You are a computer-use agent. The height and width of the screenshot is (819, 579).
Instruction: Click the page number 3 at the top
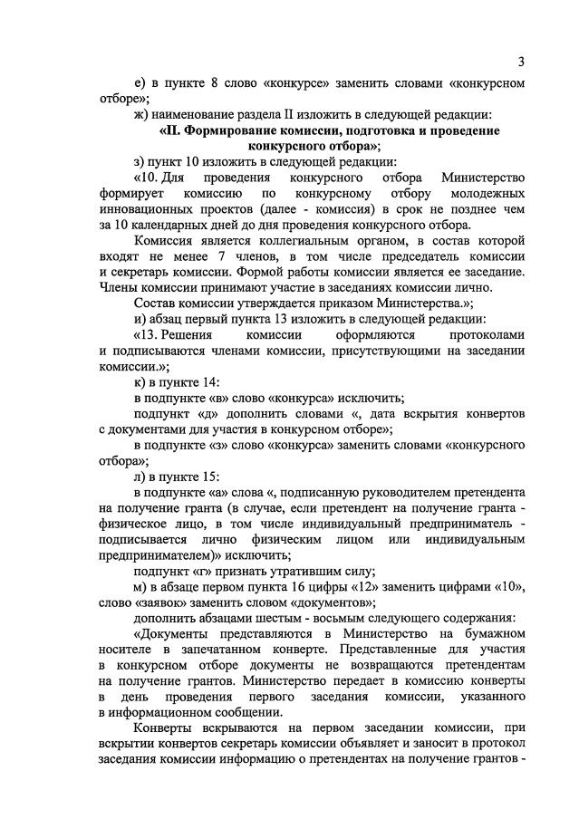[x=521, y=62]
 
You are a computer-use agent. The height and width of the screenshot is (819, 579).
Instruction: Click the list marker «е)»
[x=139, y=83]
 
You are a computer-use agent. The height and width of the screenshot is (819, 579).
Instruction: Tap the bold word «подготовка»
[x=389, y=130]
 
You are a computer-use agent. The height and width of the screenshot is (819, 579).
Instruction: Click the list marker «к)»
[x=139, y=382]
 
